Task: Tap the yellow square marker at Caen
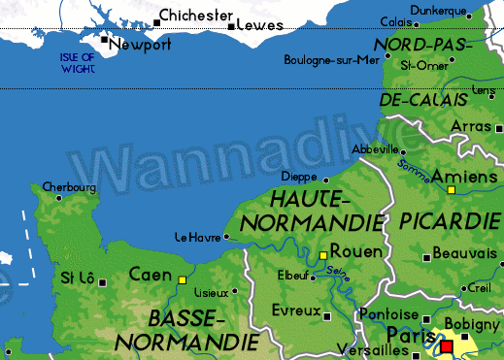pyautogui.click(x=182, y=280)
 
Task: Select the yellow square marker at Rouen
pyautogui.click(x=324, y=255)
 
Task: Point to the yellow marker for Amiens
pyautogui.click(x=451, y=190)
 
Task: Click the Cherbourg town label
pyautogui.click(x=69, y=186)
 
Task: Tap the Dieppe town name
pyautogui.click(x=298, y=177)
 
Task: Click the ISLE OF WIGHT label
pyautogui.click(x=75, y=63)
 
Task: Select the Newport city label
pyautogui.click(x=141, y=46)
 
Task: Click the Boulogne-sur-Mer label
pyautogui.click(x=331, y=60)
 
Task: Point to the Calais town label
pyautogui.click(x=394, y=21)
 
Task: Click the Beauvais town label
pyautogui.click(x=464, y=253)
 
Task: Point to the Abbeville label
pyautogui.click(x=375, y=149)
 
